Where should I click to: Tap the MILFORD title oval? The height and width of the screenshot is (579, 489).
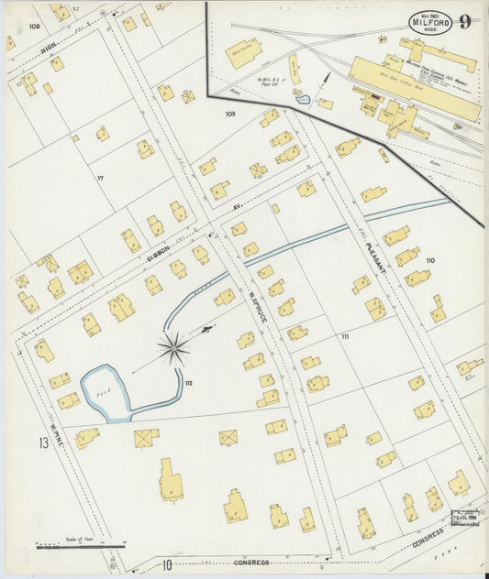(x=427, y=22)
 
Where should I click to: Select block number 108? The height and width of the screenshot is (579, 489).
(x=35, y=27)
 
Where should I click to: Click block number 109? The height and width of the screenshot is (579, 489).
(x=230, y=115)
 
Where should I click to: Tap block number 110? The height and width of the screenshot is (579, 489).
(x=429, y=261)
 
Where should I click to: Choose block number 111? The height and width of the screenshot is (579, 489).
(x=345, y=337)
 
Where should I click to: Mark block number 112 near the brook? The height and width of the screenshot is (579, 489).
(x=187, y=381)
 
